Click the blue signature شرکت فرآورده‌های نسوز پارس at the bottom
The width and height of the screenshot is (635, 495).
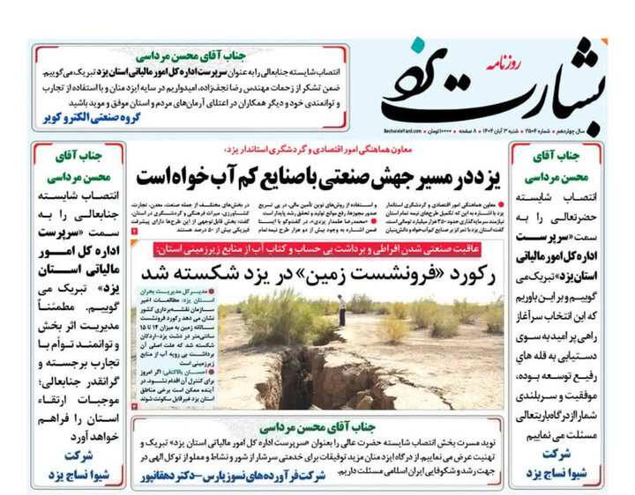[240, 477]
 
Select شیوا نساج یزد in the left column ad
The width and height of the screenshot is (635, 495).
[75, 475]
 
